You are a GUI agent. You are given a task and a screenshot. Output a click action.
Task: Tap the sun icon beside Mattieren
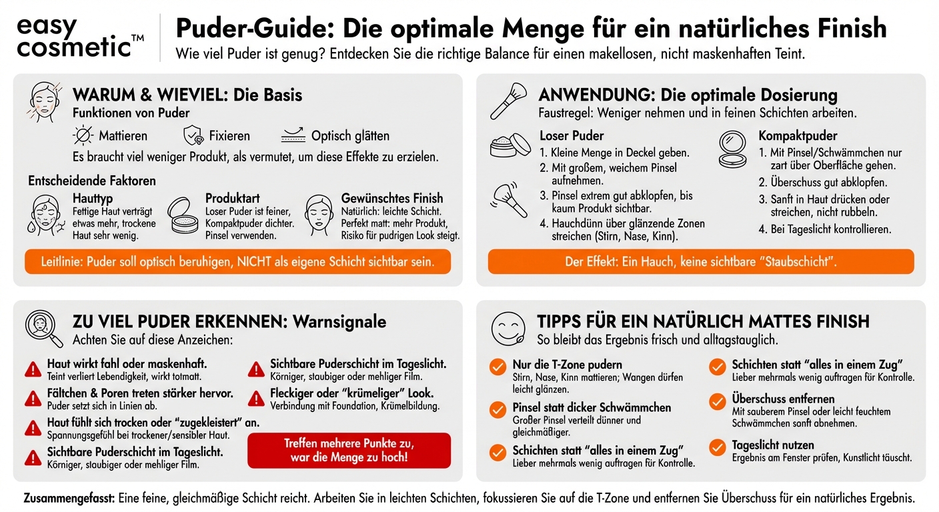tap(83, 135)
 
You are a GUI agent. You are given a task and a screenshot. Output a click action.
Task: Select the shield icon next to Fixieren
tap(193, 135)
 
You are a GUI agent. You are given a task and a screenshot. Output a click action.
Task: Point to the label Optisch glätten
tap(350, 136)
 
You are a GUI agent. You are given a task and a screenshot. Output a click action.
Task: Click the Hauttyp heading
tap(92, 198)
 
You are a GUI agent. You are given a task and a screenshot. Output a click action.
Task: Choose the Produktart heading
tap(233, 198)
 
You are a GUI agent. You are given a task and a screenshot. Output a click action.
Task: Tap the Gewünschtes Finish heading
tap(391, 198)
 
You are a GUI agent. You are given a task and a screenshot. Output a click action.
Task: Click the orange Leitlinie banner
tap(237, 261)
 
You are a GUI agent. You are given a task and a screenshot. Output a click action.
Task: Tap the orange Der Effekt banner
tap(700, 261)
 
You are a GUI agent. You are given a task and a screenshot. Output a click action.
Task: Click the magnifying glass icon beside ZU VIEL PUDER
tap(44, 327)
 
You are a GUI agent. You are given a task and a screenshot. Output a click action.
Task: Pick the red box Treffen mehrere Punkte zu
tap(349, 450)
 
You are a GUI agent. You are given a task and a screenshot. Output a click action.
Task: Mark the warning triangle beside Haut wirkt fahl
tap(33, 369)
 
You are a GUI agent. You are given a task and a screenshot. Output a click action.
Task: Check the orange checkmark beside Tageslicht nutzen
tap(718, 447)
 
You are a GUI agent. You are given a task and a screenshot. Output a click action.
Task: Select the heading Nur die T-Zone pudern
tap(567, 365)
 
